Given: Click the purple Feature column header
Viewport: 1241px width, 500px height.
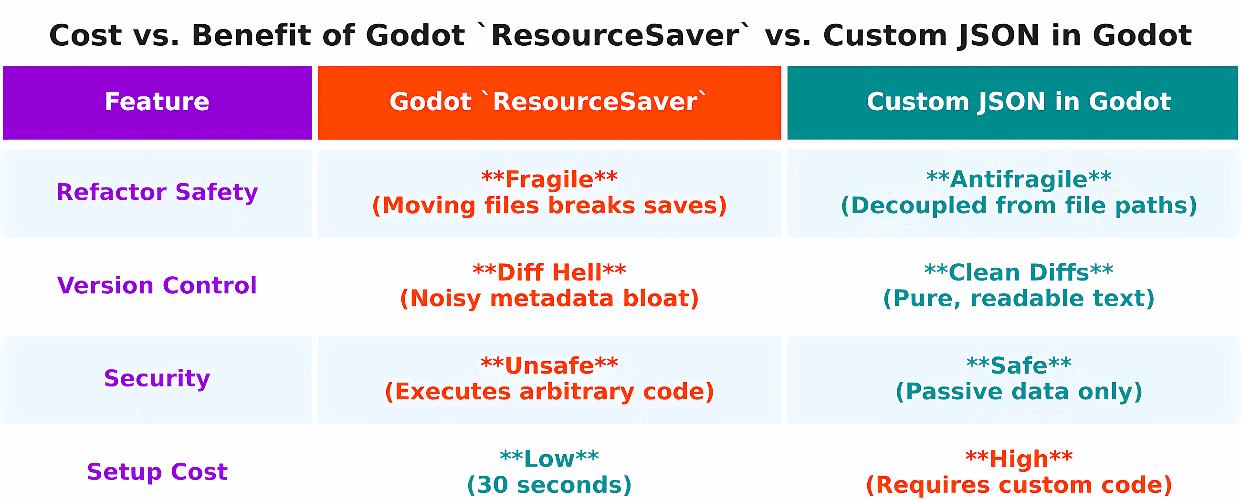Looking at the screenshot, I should point(157,102).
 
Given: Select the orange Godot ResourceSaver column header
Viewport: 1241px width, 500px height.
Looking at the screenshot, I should point(549,102).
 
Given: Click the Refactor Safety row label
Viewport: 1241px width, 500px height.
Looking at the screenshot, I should point(157,192).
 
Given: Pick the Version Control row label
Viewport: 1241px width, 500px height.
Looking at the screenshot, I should point(157,285).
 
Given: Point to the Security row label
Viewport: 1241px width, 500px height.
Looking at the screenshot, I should point(157,378).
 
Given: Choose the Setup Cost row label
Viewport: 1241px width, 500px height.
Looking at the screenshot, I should point(157,471).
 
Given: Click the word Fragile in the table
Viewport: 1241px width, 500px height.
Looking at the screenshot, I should point(549,179).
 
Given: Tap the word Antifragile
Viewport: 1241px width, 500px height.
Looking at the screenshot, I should point(1019,179).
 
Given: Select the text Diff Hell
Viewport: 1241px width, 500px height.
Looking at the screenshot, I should point(549,272).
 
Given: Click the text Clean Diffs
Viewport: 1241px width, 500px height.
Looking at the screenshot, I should point(1019,272).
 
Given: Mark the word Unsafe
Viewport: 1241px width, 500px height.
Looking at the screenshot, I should point(549,365).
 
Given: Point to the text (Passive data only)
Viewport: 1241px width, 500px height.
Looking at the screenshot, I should point(1019,392).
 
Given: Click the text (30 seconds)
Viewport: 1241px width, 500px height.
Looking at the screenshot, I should point(549,485).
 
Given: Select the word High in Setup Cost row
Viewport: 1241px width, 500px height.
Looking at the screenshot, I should point(1019,459).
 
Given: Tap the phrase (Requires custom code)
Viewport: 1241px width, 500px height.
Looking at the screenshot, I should point(1019,485).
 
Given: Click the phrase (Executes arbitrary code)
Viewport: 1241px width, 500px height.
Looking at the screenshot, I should point(549,392).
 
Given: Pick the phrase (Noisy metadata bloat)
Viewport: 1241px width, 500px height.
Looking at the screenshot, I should point(549,299).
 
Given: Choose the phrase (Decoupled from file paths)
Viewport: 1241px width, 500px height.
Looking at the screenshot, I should point(1019,206).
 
